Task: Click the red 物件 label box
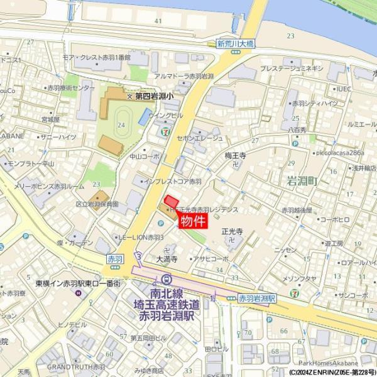194,221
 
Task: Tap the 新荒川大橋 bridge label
235,44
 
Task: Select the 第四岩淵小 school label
155,96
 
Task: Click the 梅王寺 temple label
235,155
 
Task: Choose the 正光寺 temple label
232,231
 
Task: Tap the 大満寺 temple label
167,258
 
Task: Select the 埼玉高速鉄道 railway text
167,304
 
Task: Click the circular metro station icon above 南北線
166,280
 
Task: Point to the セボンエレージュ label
200,138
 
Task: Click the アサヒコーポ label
210,258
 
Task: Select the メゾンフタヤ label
299,278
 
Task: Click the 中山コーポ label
145,156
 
